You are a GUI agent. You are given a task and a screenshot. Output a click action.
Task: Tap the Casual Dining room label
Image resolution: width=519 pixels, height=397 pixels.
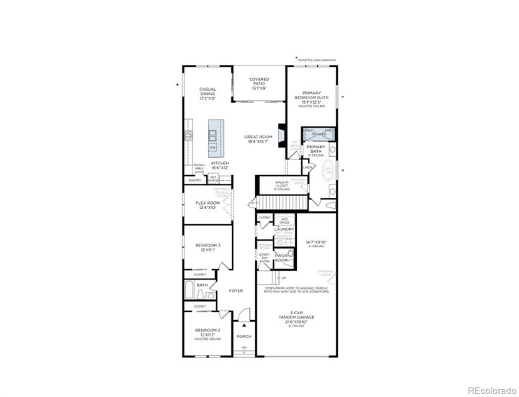tap(208, 92)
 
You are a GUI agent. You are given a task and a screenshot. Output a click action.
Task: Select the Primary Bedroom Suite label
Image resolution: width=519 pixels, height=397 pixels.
tap(316, 97)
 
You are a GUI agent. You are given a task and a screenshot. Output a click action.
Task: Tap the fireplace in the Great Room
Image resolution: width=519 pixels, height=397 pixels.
tap(283, 136)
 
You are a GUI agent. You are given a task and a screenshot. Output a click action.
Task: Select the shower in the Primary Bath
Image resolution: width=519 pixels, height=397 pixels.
tap(319, 133)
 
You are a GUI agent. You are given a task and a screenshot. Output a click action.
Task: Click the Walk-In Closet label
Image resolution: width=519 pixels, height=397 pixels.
tap(282, 184)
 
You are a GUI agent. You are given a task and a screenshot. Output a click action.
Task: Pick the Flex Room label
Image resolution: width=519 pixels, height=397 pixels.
tap(208, 205)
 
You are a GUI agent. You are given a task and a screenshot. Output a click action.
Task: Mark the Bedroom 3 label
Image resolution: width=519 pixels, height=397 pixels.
tap(208, 248)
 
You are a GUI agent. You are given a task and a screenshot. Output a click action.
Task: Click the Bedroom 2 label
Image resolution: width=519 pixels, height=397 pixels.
tap(207, 335)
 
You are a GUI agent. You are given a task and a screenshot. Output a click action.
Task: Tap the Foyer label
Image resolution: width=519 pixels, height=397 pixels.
tap(236, 291)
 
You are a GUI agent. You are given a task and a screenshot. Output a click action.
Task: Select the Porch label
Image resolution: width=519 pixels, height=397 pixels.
tap(244, 336)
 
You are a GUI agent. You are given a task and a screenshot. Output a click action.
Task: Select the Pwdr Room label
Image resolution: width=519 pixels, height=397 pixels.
tap(281, 258)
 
